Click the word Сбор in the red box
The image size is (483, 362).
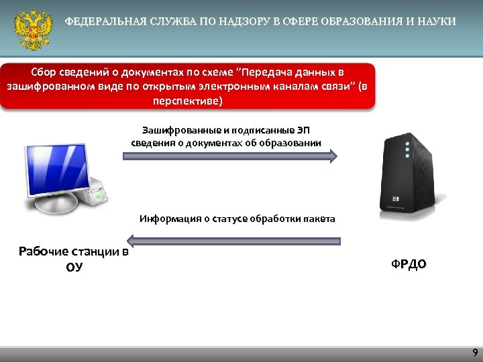pos(45,72)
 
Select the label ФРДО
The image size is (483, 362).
pos(409,264)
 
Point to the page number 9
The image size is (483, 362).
pos(475,353)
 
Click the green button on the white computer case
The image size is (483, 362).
pos(99,198)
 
